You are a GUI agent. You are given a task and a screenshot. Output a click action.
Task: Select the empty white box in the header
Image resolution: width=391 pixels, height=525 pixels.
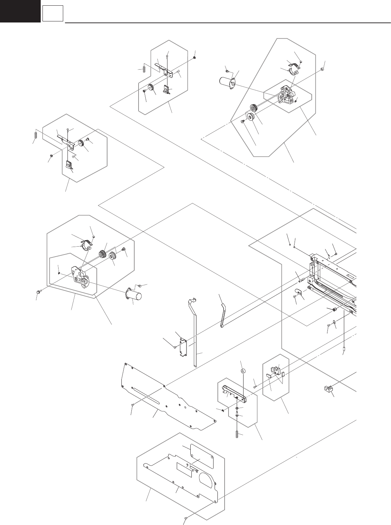point(53,14)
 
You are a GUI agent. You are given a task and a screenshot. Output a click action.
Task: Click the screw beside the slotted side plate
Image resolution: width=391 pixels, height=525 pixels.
point(133,405)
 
